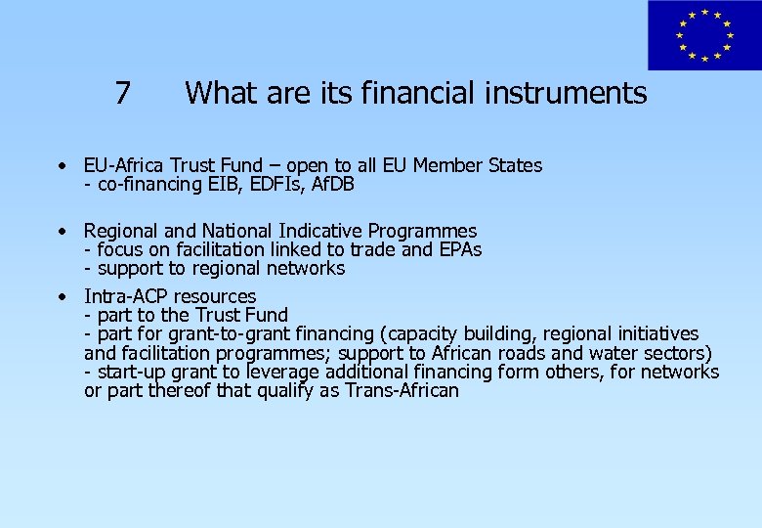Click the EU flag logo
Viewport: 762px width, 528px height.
703,35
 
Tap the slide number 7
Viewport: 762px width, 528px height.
122,93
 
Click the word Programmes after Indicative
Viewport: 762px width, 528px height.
422,232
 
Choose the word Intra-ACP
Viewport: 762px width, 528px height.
126,296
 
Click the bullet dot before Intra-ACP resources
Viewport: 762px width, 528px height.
62,295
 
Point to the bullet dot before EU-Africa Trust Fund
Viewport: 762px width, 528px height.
62,165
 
